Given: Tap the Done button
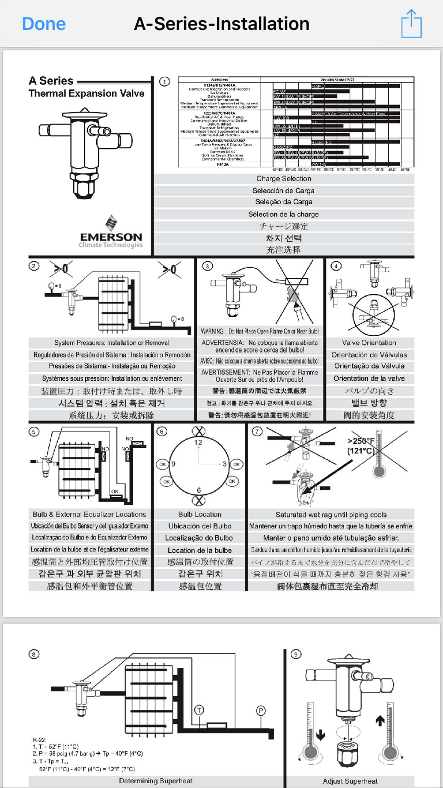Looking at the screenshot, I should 44,24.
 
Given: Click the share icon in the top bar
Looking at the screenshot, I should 411,24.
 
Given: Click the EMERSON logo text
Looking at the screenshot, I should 111,237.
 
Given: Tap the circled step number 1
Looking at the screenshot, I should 164,82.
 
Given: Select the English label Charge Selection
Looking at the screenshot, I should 284,178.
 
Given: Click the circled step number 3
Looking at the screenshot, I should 207,266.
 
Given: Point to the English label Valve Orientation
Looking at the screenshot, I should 369,343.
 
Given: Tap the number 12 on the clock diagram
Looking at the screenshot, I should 198,443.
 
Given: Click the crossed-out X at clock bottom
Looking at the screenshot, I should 199,501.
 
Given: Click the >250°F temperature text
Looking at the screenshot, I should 361,441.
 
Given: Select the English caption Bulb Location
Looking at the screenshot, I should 200,514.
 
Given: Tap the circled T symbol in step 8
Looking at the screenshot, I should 199,710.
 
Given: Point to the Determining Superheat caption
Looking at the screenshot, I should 156,781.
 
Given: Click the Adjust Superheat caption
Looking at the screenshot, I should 350,781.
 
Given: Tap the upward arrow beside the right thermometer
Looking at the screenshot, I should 380,721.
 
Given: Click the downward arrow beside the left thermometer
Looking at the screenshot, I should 320,736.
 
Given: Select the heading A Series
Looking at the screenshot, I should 51,81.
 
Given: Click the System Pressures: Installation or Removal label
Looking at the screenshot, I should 112,343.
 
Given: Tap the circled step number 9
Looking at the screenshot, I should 296,654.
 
